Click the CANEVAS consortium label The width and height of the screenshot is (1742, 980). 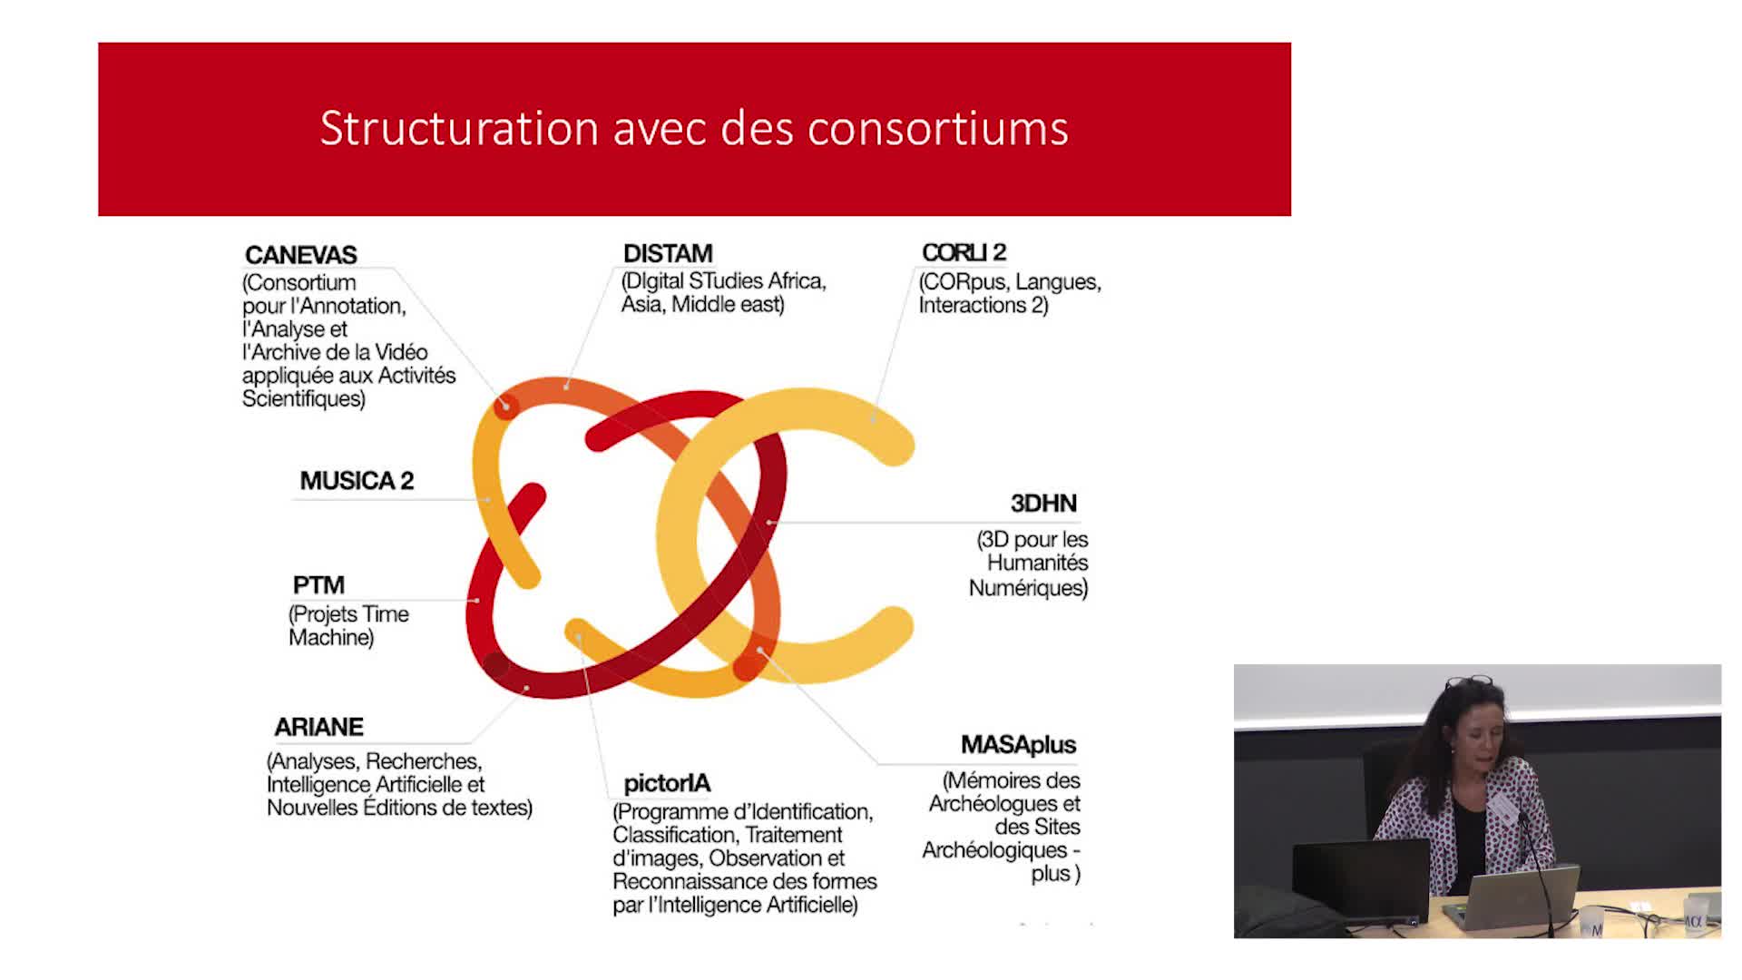tap(301, 255)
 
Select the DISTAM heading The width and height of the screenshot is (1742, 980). tap(668, 253)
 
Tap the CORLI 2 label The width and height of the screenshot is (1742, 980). tap(964, 252)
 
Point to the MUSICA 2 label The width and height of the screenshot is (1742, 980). tap(357, 481)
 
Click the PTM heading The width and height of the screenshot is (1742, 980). tap(318, 585)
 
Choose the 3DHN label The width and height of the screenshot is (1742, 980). tap(1043, 504)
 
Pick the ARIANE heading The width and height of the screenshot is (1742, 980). tap(318, 727)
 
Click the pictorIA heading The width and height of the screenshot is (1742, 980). tap(667, 783)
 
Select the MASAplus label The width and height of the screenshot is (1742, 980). tap(1018, 745)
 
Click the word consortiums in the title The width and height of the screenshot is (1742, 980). tap(938, 129)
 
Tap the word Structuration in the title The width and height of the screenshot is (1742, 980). tap(459, 129)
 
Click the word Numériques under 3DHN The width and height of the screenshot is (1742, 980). tap(1028, 588)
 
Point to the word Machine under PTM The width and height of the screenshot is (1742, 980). tap(331, 638)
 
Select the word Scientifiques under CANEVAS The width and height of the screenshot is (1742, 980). tap(304, 398)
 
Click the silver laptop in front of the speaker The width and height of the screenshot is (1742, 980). tap(1512, 897)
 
